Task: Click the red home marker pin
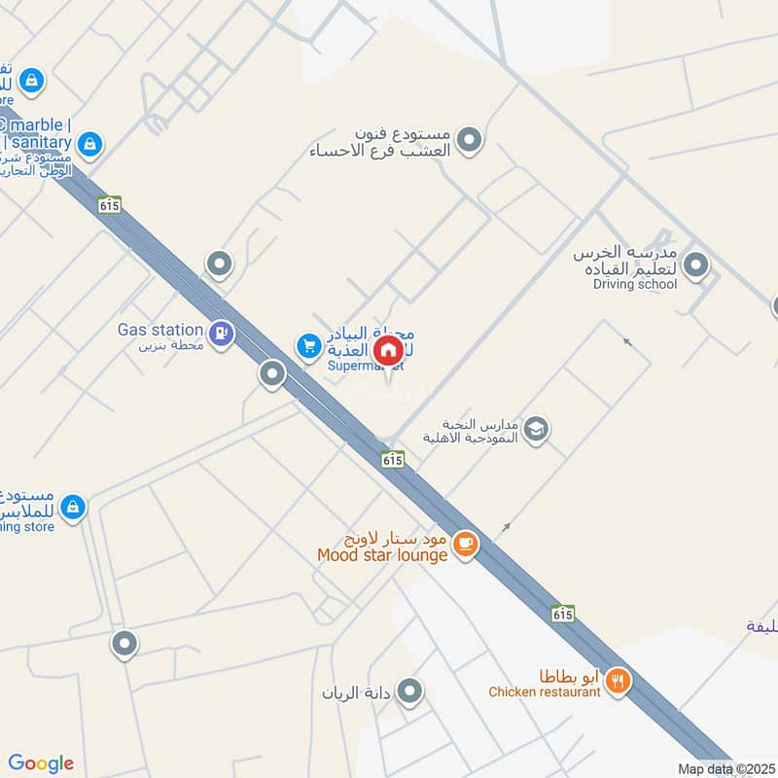point(388,350)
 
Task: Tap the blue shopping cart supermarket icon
point(309,345)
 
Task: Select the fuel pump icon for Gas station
point(222,334)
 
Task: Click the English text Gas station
point(160,330)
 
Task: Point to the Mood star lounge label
point(382,555)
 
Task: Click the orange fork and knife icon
point(617,683)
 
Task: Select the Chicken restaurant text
point(544,692)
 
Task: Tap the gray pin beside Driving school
point(695,264)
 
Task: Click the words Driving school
point(635,284)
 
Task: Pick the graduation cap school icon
point(536,428)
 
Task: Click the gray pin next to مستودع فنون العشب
point(470,140)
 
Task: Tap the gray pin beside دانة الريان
point(410,691)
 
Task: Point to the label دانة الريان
point(356,693)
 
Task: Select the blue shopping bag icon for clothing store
point(72,507)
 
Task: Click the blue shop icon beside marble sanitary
point(89,145)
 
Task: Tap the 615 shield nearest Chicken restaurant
point(562,615)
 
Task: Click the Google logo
point(41,763)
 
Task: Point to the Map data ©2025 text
point(725,769)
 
